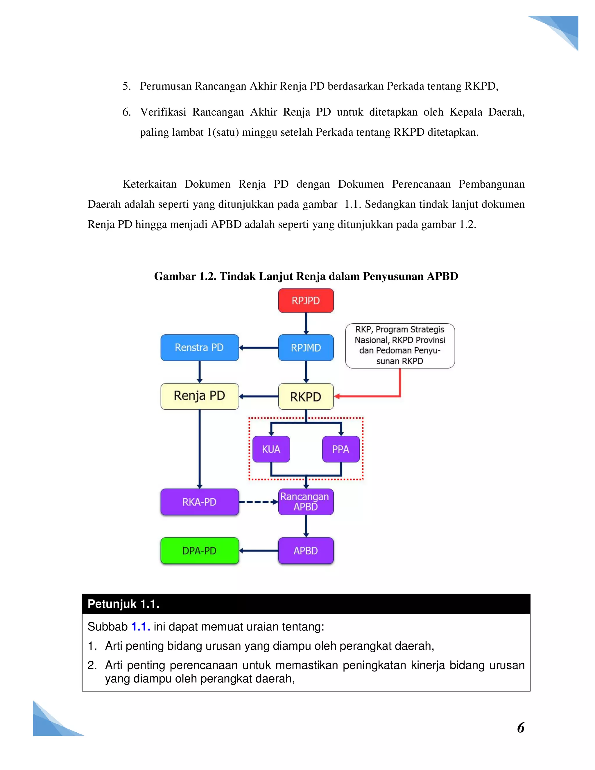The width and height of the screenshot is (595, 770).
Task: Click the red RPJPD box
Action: click(x=306, y=300)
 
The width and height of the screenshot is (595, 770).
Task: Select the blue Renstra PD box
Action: click(x=200, y=348)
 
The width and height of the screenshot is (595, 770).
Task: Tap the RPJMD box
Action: click(x=306, y=348)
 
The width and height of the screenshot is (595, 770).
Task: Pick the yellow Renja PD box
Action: click(x=200, y=396)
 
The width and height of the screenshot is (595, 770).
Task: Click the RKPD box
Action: click(x=306, y=396)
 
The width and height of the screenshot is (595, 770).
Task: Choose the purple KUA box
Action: click(x=271, y=449)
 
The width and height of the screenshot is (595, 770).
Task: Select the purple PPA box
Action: click(x=340, y=449)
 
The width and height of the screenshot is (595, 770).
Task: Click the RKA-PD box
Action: click(x=200, y=502)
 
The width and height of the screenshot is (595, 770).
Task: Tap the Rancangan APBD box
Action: click(x=306, y=502)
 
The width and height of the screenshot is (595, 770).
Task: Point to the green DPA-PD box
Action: click(x=200, y=550)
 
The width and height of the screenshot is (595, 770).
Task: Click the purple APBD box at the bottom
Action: click(x=306, y=550)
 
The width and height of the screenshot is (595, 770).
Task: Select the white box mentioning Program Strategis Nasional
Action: click(x=400, y=345)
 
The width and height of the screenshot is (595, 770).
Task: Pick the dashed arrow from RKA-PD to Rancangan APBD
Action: click(x=258, y=502)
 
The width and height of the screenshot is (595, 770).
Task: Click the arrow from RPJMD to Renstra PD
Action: click(x=258, y=348)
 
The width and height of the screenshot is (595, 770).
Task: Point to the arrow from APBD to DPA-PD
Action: click(x=258, y=550)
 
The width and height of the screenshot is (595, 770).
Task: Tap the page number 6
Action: click(x=521, y=727)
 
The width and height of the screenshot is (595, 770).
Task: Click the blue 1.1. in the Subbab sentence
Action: click(x=141, y=626)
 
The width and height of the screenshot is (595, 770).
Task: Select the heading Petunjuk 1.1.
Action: click(x=123, y=604)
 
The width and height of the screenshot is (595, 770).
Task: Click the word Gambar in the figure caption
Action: click(x=175, y=276)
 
